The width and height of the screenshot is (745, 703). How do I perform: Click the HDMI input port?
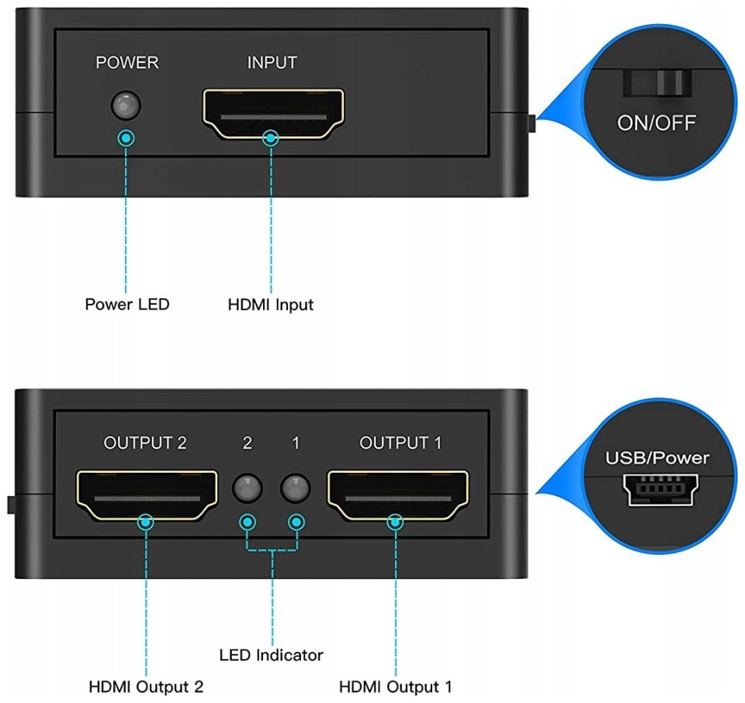click(272, 112)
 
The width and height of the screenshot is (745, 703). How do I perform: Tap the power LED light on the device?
click(125, 104)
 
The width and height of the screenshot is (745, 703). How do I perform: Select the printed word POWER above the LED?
click(126, 63)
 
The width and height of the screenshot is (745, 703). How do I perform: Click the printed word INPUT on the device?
click(272, 63)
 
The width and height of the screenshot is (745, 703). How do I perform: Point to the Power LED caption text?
click(126, 304)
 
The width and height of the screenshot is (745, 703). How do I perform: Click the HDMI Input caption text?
click(271, 305)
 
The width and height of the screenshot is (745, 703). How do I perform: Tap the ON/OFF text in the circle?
click(657, 122)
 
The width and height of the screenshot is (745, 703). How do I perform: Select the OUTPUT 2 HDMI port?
click(147, 495)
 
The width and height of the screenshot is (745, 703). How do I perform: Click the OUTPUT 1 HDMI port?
click(398, 494)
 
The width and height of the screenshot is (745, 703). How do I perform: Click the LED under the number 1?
click(296, 488)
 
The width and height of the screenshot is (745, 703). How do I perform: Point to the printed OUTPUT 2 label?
click(145, 443)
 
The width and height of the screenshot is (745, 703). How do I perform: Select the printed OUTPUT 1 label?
click(400, 443)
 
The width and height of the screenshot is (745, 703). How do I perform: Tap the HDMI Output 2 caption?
click(147, 687)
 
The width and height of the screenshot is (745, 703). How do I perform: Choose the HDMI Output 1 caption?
click(396, 687)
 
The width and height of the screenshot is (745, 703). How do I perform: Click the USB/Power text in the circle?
click(657, 457)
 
